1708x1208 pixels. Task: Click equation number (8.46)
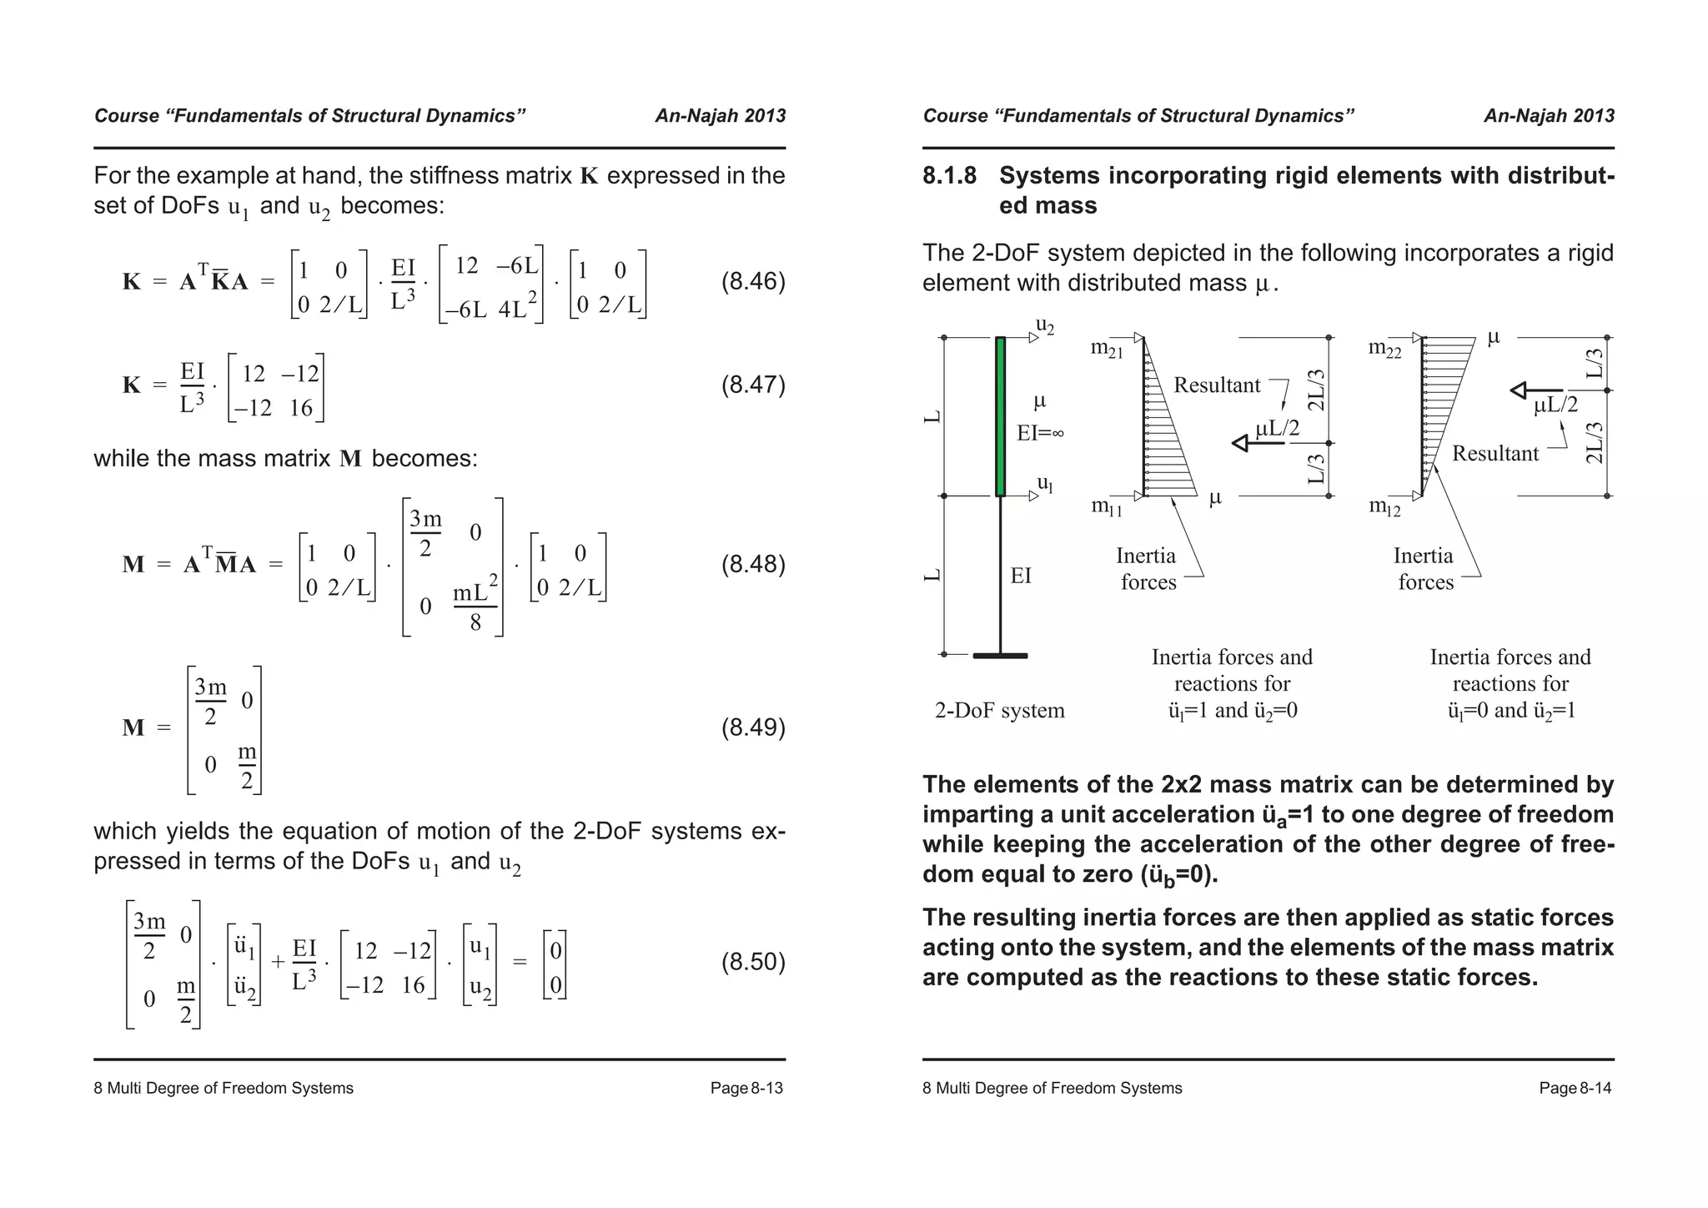pos(753,282)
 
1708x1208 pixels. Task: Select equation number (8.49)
pos(753,728)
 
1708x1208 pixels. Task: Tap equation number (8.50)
pos(753,963)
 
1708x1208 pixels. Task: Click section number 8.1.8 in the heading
pos(949,176)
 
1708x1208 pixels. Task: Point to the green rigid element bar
pos(1001,416)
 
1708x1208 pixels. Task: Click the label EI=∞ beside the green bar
pos(1040,433)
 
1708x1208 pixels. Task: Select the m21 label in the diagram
pos(1107,350)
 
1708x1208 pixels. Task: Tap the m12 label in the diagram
pos(1384,506)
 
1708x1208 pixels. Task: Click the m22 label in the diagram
pos(1384,350)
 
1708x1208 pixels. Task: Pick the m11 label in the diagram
pos(1107,506)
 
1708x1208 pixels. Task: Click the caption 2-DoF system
pos(999,711)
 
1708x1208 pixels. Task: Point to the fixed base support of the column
pos(1001,656)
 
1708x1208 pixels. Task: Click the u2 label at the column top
pos(1045,325)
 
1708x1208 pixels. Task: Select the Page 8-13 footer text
pos(746,1089)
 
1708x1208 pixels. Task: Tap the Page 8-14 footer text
pos(1575,1089)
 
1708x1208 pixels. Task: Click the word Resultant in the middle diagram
pos(1217,385)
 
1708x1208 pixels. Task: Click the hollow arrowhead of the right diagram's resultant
pos(1520,390)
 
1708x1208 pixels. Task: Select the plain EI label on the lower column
pos(1021,576)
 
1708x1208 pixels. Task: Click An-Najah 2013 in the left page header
pos(720,116)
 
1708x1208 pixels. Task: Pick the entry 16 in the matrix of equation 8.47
pos(300,409)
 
